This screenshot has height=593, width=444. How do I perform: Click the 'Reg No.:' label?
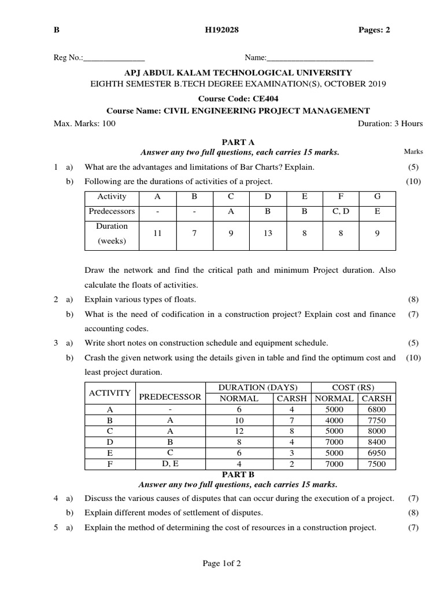pyautogui.click(x=68, y=58)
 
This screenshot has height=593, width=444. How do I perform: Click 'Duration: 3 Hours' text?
pyautogui.click(x=390, y=123)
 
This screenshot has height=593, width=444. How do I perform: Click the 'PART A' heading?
pyautogui.click(x=238, y=142)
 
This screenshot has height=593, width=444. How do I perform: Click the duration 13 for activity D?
pyautogui.click(x=268, y=233)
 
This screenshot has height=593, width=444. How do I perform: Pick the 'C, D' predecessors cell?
pyautogui.click(x=341, y=211)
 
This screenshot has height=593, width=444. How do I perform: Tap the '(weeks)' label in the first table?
pyautogui.click(x=112, y=241)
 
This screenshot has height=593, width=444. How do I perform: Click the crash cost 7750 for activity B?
pyautogui.click(x=376, y=420)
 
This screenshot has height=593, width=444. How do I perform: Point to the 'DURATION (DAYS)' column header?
pyautogui.click(x=258, y=387)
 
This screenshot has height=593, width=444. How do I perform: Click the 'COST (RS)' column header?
pyautogui.click(x=353, y=387)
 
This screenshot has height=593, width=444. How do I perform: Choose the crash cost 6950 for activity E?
pyautogui.click(x=376, y=453)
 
